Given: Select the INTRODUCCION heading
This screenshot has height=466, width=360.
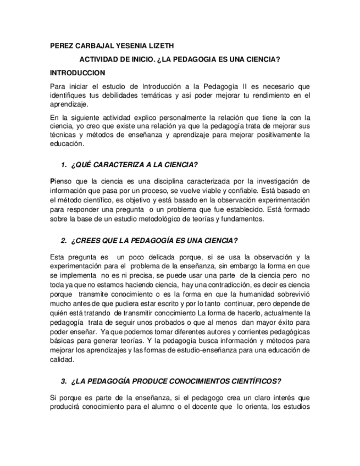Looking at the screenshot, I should coord(77,73).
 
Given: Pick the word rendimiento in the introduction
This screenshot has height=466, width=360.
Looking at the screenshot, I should coord(269,95).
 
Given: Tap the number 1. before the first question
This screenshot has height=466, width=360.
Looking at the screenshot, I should coord(64,165).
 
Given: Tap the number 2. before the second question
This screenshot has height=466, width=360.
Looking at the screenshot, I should coord(64,240).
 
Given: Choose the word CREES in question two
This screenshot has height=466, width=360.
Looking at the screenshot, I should coord(91,240).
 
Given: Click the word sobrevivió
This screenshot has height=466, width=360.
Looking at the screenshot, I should coord(293,294).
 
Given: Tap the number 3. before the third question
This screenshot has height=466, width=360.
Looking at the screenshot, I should coord(64,381).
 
